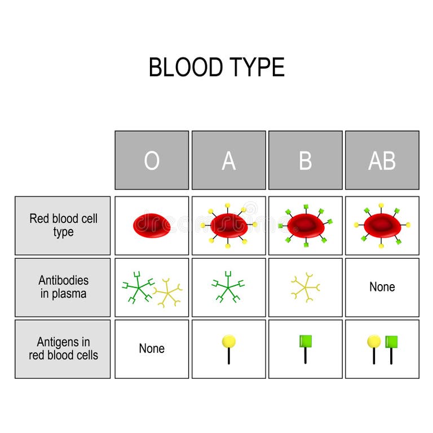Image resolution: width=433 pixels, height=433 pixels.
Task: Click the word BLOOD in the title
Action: pyautogui.click(x=185, y=68)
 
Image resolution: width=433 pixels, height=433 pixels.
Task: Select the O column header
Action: pyautogui.click(x=152, y=161)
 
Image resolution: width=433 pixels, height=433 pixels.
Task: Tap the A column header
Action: pyautogui.click(x=228, y=161)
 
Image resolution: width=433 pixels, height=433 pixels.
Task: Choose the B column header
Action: pyautogui.click(x=305, y=161)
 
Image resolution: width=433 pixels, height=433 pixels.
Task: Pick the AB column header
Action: pyautogui.click(x=382, y=161)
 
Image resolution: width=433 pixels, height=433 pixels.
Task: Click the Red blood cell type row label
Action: pyautogui.click(x=63, y=225)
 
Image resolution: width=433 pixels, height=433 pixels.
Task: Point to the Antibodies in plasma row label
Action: pyautogui.click(x=63, y=286)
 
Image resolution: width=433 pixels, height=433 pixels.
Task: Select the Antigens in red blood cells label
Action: pyautogui.click(x=63, y=348)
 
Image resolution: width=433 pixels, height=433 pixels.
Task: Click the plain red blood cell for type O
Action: pyautogui.click(x=152, y=224)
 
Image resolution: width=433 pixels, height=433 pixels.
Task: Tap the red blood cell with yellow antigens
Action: pyautogui.click(x=228, y=225)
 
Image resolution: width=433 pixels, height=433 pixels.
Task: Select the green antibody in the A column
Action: pyautogui.click(x=228, y=286)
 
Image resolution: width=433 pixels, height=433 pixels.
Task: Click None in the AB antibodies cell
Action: pyautogui.click(x=382, y=287)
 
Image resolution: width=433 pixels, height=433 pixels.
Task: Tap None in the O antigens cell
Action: pyautogui.click(x=152, y=348)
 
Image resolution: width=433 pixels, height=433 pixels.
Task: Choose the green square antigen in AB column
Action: pyautogui.click(x=391, y=342)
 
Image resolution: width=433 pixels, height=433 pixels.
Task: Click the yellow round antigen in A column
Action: pyautogui.click(x=228, y=342)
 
